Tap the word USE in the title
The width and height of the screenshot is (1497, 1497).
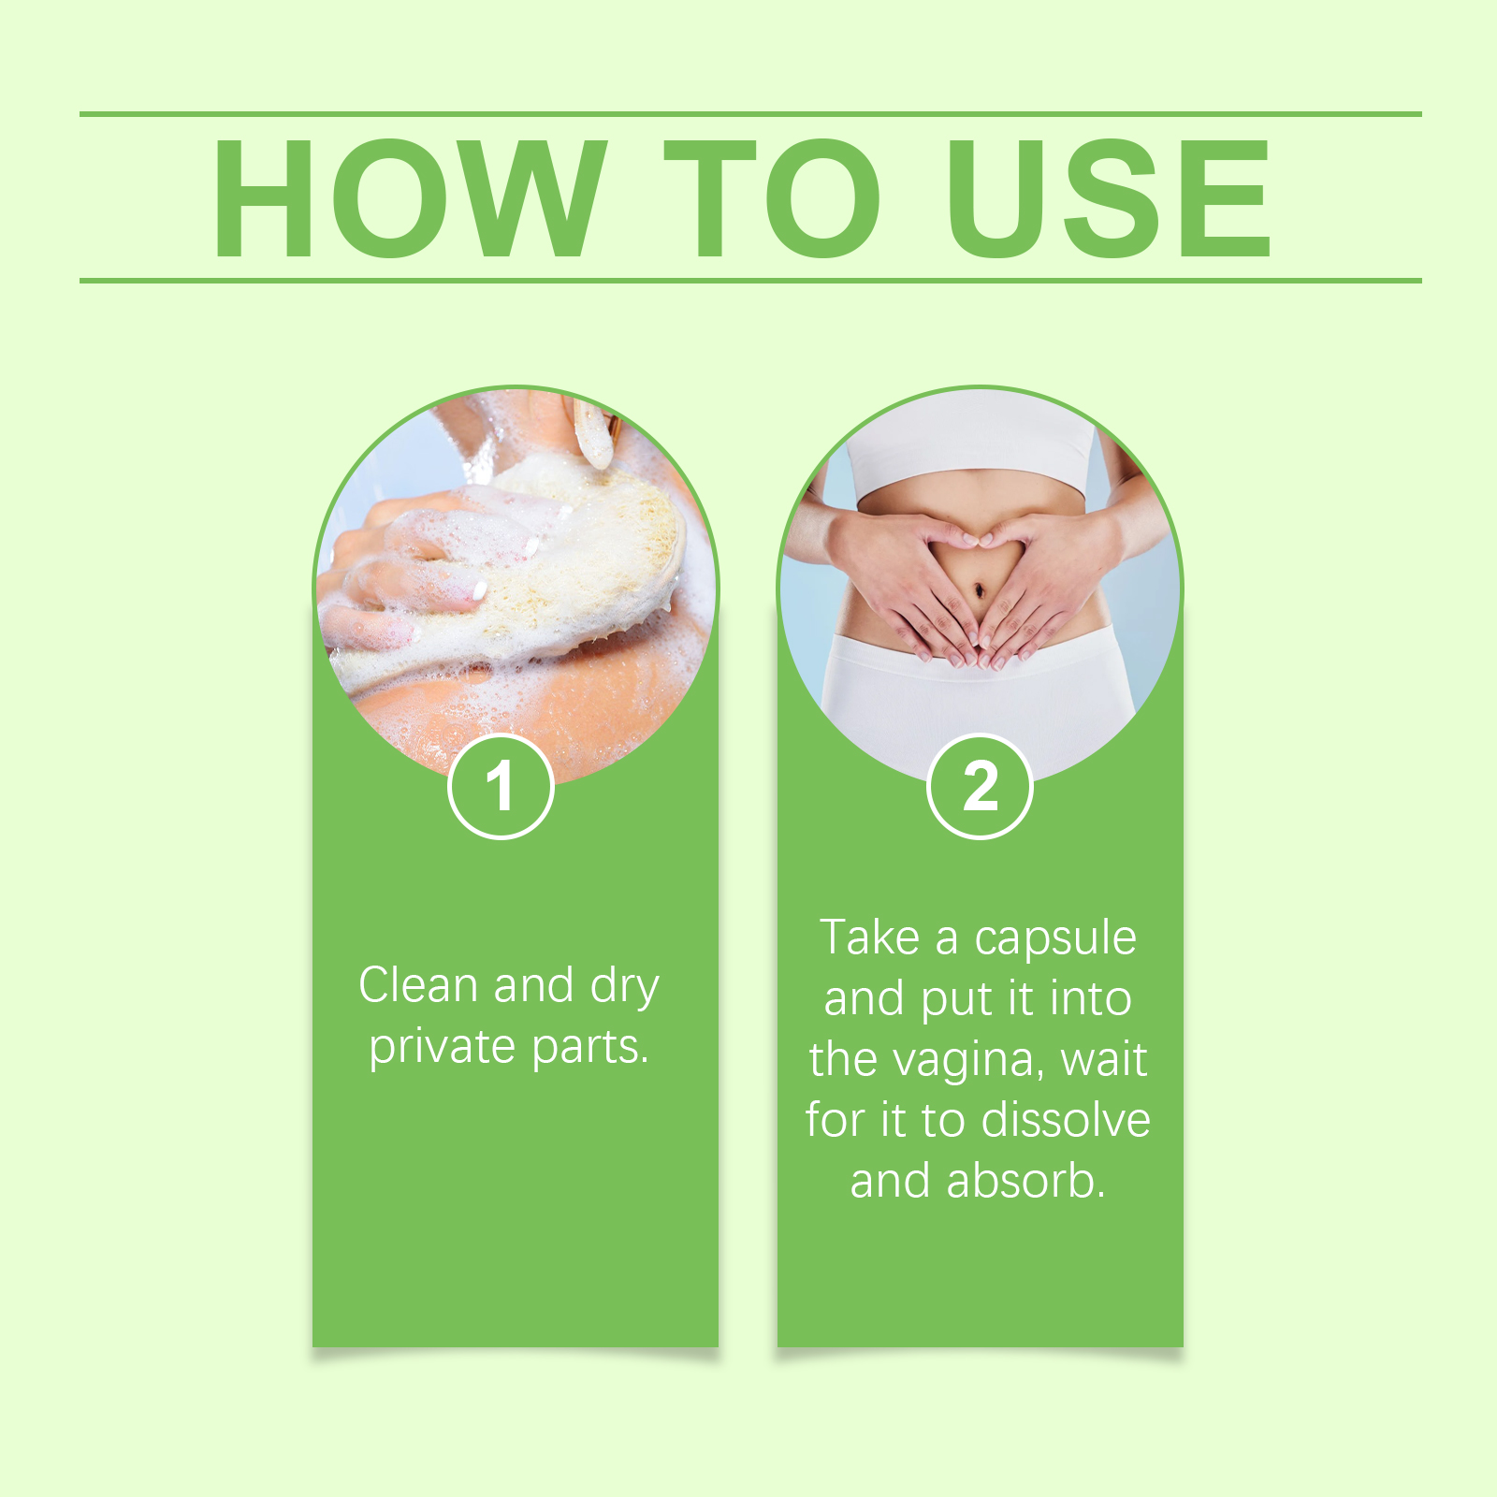(1109, 197)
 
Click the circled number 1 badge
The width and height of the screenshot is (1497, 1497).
(501, 787)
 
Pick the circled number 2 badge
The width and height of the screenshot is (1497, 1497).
(980, 787)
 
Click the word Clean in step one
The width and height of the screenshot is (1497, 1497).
(418, 985)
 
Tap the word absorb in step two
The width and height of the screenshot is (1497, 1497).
(1025, 1181)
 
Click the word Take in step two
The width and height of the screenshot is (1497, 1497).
(870, 937)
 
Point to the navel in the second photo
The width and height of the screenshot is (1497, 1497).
(980, 590)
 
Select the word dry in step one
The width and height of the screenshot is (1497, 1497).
(625, 987)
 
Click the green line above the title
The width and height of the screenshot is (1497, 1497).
(750, 114)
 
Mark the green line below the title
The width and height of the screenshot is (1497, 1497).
(750, 280)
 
